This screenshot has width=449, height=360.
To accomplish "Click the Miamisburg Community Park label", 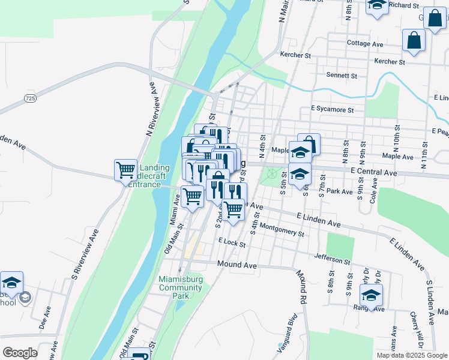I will pyautogui.click(x=181, y=287).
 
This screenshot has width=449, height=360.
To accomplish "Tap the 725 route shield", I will pyautogui.click(x=31, y=98).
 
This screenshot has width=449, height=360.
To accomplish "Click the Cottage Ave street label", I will pyautogui.click(x=365, y=44).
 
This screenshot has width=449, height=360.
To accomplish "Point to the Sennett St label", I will pyautogui.click(x=342, y=76).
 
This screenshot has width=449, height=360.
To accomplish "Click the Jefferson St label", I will pyautogui.click(x=332, y=260).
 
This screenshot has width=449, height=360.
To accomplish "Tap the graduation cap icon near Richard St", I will pyautogui.click(x=377, y=5).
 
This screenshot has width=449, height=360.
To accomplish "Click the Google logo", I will pyautogui.click(x=20, y=353).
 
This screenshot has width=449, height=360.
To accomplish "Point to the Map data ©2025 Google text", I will pyautogui.click(x=412, y=355).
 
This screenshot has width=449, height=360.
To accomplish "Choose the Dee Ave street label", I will pyautogui.click(x=43, y=318).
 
